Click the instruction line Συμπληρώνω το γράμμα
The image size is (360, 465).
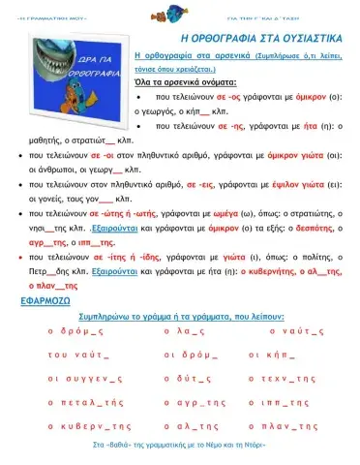180,315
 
